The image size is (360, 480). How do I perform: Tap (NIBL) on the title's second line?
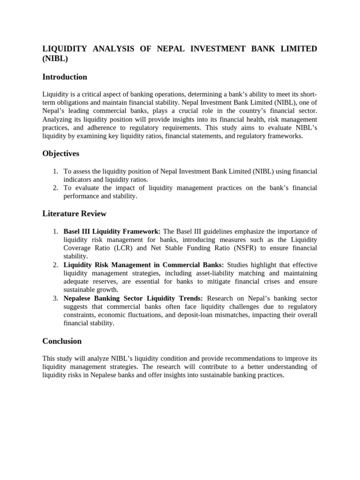[x=55, y=59]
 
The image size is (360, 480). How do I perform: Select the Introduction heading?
[x=65, y=77]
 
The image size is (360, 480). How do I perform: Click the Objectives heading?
[x=61, y=154]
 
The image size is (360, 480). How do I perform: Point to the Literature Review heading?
[x=75, y=214]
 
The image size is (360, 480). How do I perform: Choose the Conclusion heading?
[x=62, y=341]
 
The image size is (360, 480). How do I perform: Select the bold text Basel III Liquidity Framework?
[x=112, y=231]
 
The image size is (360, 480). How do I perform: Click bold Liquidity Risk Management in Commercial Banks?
[x=143, y=265]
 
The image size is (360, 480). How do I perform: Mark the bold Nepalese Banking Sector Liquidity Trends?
[x=133, y=299]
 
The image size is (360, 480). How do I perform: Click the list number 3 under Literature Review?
[x=55, y=299]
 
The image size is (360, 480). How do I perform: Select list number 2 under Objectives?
[x=55, y=188]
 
